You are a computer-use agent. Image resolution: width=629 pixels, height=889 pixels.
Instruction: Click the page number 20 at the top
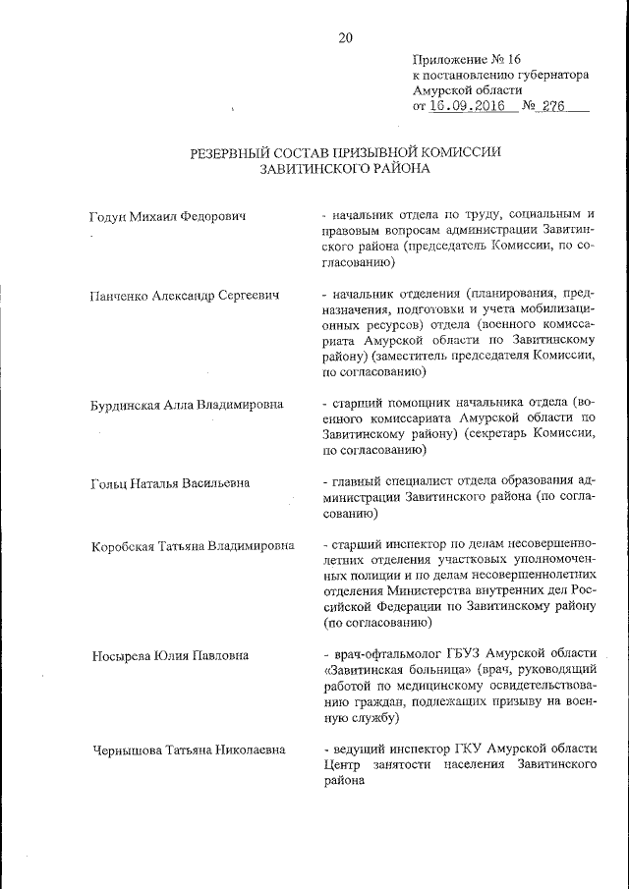(x=345, y=38)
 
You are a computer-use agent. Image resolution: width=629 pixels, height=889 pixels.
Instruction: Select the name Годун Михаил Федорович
(x=167, y=215)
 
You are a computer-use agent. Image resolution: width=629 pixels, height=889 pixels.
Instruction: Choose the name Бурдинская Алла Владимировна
(x=187, y=404)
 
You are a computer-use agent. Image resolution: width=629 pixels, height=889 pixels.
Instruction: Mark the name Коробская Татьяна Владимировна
(x=192, y=545)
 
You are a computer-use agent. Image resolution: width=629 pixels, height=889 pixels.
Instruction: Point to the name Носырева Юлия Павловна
(x=170, y=655)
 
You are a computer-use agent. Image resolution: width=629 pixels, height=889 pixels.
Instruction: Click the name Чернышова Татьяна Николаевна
(x=188, y=750)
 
